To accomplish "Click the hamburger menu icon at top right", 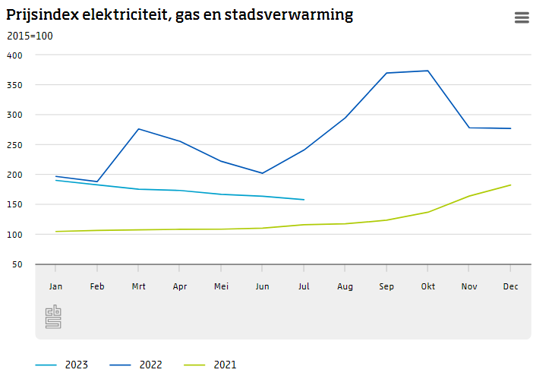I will [522, 17].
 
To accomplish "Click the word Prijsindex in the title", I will [43, 15].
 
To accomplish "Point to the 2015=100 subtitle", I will [30, 36].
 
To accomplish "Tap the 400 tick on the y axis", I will [15, 55].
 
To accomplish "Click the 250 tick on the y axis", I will [15, 145].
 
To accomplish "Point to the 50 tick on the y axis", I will [18, 264].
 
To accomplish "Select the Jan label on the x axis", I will [55, 286].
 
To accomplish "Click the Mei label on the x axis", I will [221, 286].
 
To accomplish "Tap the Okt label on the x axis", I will [427, 286].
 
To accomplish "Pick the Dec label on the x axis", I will [510, 286].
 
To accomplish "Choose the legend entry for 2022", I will [136, 365].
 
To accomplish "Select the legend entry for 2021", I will [210, 365].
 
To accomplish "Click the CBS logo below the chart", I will [53, 316].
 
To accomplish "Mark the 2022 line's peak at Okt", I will [428, 71].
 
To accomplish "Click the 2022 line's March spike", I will [138, 129].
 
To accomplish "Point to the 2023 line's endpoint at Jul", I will [304, 200].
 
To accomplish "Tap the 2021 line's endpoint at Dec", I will [510, 185].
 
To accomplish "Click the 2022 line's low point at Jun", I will [263, 173].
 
